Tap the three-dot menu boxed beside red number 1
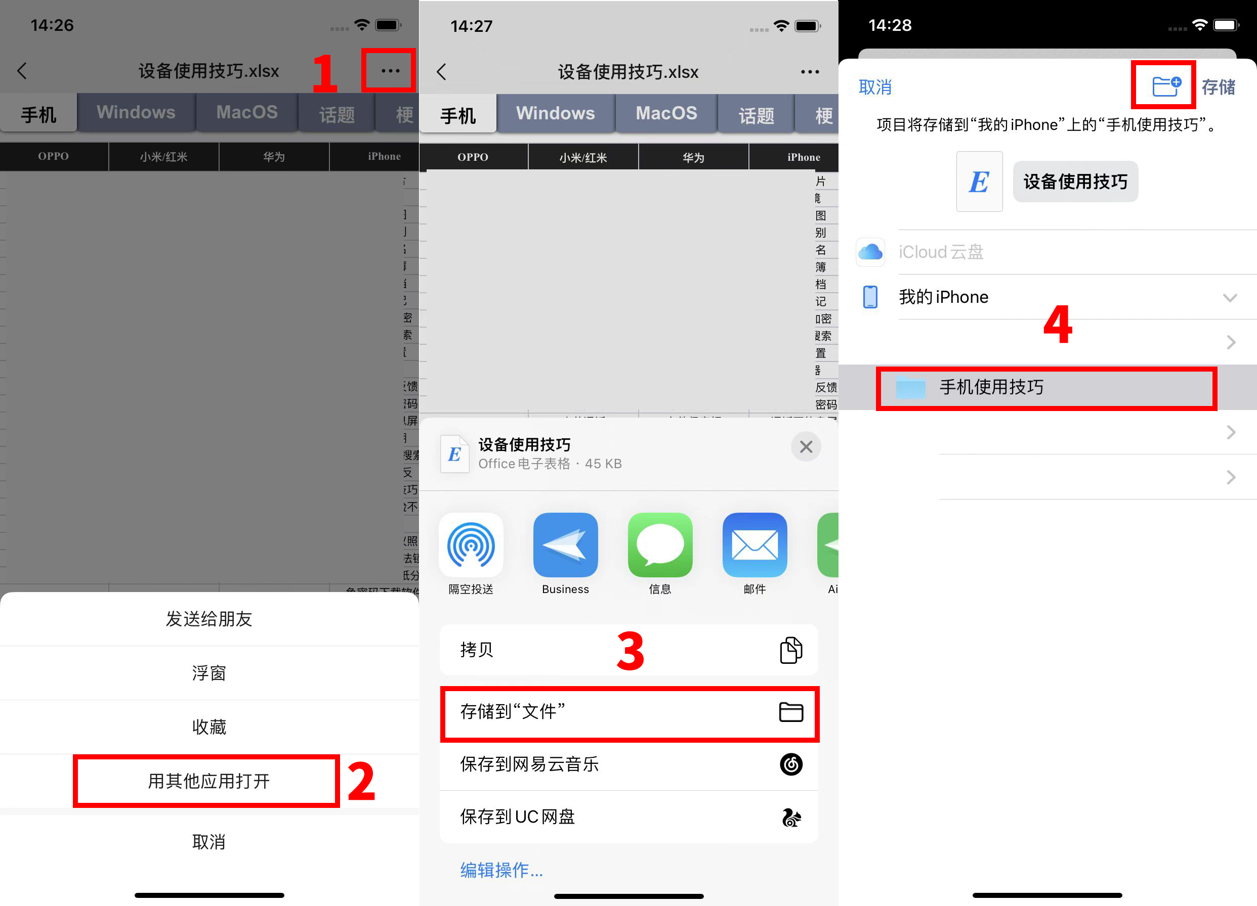click(390, 71)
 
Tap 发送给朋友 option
click(209, 619)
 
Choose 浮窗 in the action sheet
click(209, 673)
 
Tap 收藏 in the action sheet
click(209, 727)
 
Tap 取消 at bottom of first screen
click(209, 842)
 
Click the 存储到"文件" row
click(629, 712)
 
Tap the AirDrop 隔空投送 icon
click(471, 546)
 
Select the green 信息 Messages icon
click(659, 546)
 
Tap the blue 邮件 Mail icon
click(755, 546)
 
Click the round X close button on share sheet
click(806, 446)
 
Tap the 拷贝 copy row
click(629, 650)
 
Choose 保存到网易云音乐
click(629, 764)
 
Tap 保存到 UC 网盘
click(629, 817)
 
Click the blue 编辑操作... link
click(501, 870)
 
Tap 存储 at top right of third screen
click(1218, 87)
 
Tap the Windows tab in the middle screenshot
click(555, 114)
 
